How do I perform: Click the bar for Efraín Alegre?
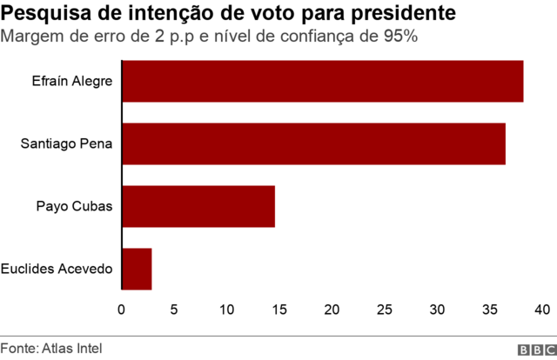coord(322,82)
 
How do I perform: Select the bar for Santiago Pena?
coord(313,144)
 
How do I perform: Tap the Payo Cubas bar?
coord(198,207)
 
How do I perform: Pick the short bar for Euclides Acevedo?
coord(137,269)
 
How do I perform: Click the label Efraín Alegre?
coord(75,82)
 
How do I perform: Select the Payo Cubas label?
coord(75,207)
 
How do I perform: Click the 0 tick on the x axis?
coord(122,310)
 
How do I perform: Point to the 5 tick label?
coord(174,310)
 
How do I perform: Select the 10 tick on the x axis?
coord(227,310)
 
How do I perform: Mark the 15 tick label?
coord(279,310)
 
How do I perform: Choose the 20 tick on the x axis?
coord(332,310)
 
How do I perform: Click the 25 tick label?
coord(385,310)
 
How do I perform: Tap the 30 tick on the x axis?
coord(438,310)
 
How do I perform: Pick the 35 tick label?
coord(490,310)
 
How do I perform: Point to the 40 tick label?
coord(542,310)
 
